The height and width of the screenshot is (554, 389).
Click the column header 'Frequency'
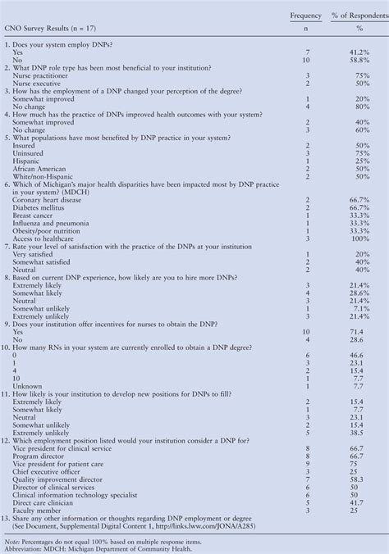pyautogui.click(x=306, y=16)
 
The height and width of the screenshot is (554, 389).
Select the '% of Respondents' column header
pyautogui.click(x=356, y=16)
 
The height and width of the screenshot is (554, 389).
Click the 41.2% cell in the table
pyautogui.click(x=357, y=51)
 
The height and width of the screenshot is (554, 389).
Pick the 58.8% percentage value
pyautogui.click(x=357, y=60)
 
